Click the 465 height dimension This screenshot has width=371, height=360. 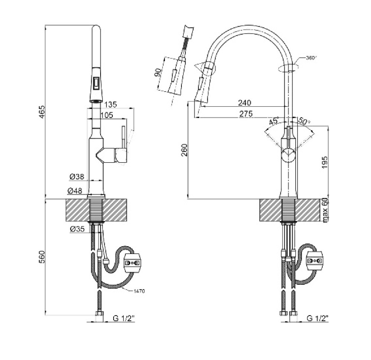42,112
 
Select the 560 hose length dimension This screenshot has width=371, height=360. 42,257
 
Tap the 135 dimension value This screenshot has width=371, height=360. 111,105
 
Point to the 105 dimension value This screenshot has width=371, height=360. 107,115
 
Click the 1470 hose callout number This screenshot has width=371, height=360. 139,291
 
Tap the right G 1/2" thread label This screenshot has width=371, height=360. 318,318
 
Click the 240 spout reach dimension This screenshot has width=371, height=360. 244,103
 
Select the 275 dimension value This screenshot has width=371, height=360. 246,114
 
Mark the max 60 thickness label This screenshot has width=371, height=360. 325,211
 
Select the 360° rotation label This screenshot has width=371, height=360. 311,58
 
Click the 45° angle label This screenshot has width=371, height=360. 274,121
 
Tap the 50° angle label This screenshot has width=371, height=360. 304,121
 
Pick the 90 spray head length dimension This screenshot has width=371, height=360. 157,73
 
